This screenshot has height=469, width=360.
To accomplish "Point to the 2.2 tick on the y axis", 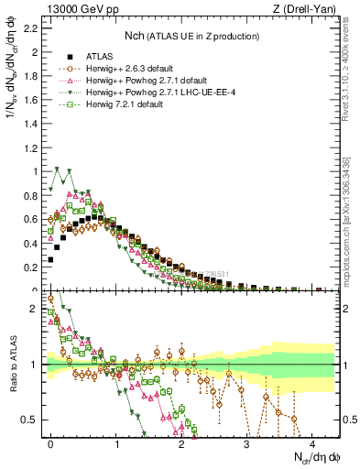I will coord(31,28).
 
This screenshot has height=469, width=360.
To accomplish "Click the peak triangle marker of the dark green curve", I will coord(58,169).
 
